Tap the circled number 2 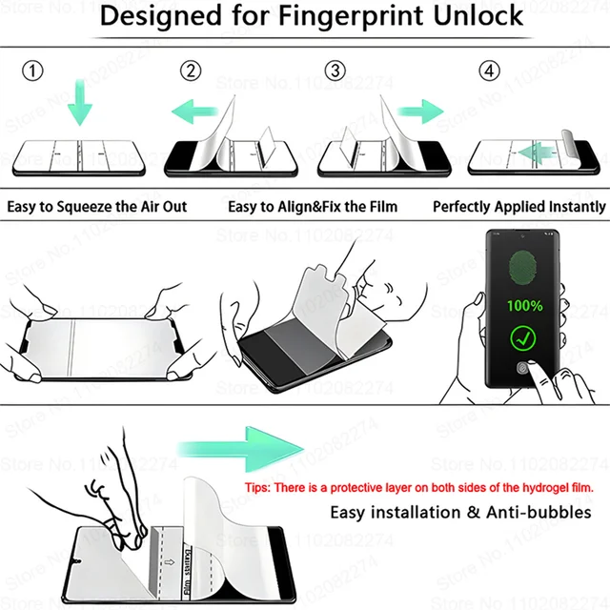(x=192, y=71)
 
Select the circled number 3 (x=334, y=71)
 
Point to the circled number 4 (x=489, y=71)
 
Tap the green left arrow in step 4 (x=538, y=150)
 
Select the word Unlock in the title (x=478, y=16)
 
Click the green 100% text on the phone (x=524, y=306)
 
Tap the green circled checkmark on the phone (x=523, y=336)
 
